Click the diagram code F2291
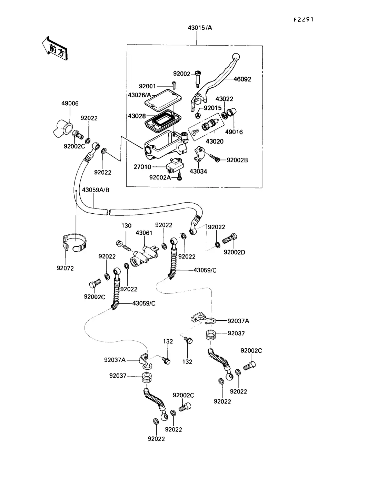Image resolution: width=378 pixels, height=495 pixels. [x=304, y=20]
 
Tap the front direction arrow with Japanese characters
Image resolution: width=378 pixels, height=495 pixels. [x=55, y=48]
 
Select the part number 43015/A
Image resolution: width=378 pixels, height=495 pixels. [x=200, y=28]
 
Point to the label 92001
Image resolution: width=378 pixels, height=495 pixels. [x=147, y=86]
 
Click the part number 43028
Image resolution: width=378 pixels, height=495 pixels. [x=137, y=116]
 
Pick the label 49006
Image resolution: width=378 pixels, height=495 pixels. [x=70, y=103]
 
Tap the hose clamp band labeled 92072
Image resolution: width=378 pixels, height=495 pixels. [x=74, y=244]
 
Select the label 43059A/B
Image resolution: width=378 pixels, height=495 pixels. [x=96, y=190]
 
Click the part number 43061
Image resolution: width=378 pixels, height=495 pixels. [x=144, y=233]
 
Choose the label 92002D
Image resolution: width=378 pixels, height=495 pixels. [x=234, y=252]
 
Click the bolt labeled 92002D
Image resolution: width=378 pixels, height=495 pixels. [x=230, y=239]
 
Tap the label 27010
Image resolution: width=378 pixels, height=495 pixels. [x=142, y=167]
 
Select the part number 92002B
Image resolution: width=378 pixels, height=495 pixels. [x=237, y=160]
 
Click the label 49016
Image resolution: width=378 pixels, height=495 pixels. [x=234, y=132]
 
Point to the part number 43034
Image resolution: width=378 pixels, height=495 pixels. [x=198, y=172]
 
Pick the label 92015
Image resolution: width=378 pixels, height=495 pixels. [x=213, y=108]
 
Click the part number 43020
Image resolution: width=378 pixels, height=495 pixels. [x=215, y=142]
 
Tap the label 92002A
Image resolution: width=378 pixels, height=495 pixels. [x=160, y=177]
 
